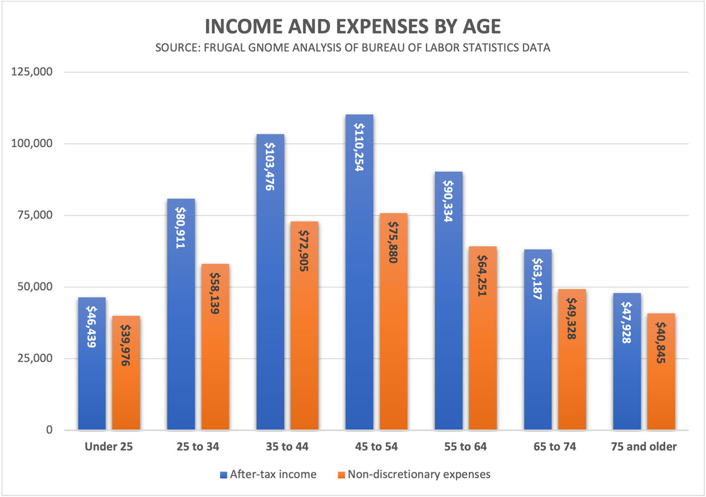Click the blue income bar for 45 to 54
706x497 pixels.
(x=359, y=294)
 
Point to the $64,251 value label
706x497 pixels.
(x=482, y=276)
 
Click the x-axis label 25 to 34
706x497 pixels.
(x=198, y=447)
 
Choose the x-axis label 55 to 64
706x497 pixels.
(x=465, y=447)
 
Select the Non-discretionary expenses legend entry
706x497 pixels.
(x=418, y=474)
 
